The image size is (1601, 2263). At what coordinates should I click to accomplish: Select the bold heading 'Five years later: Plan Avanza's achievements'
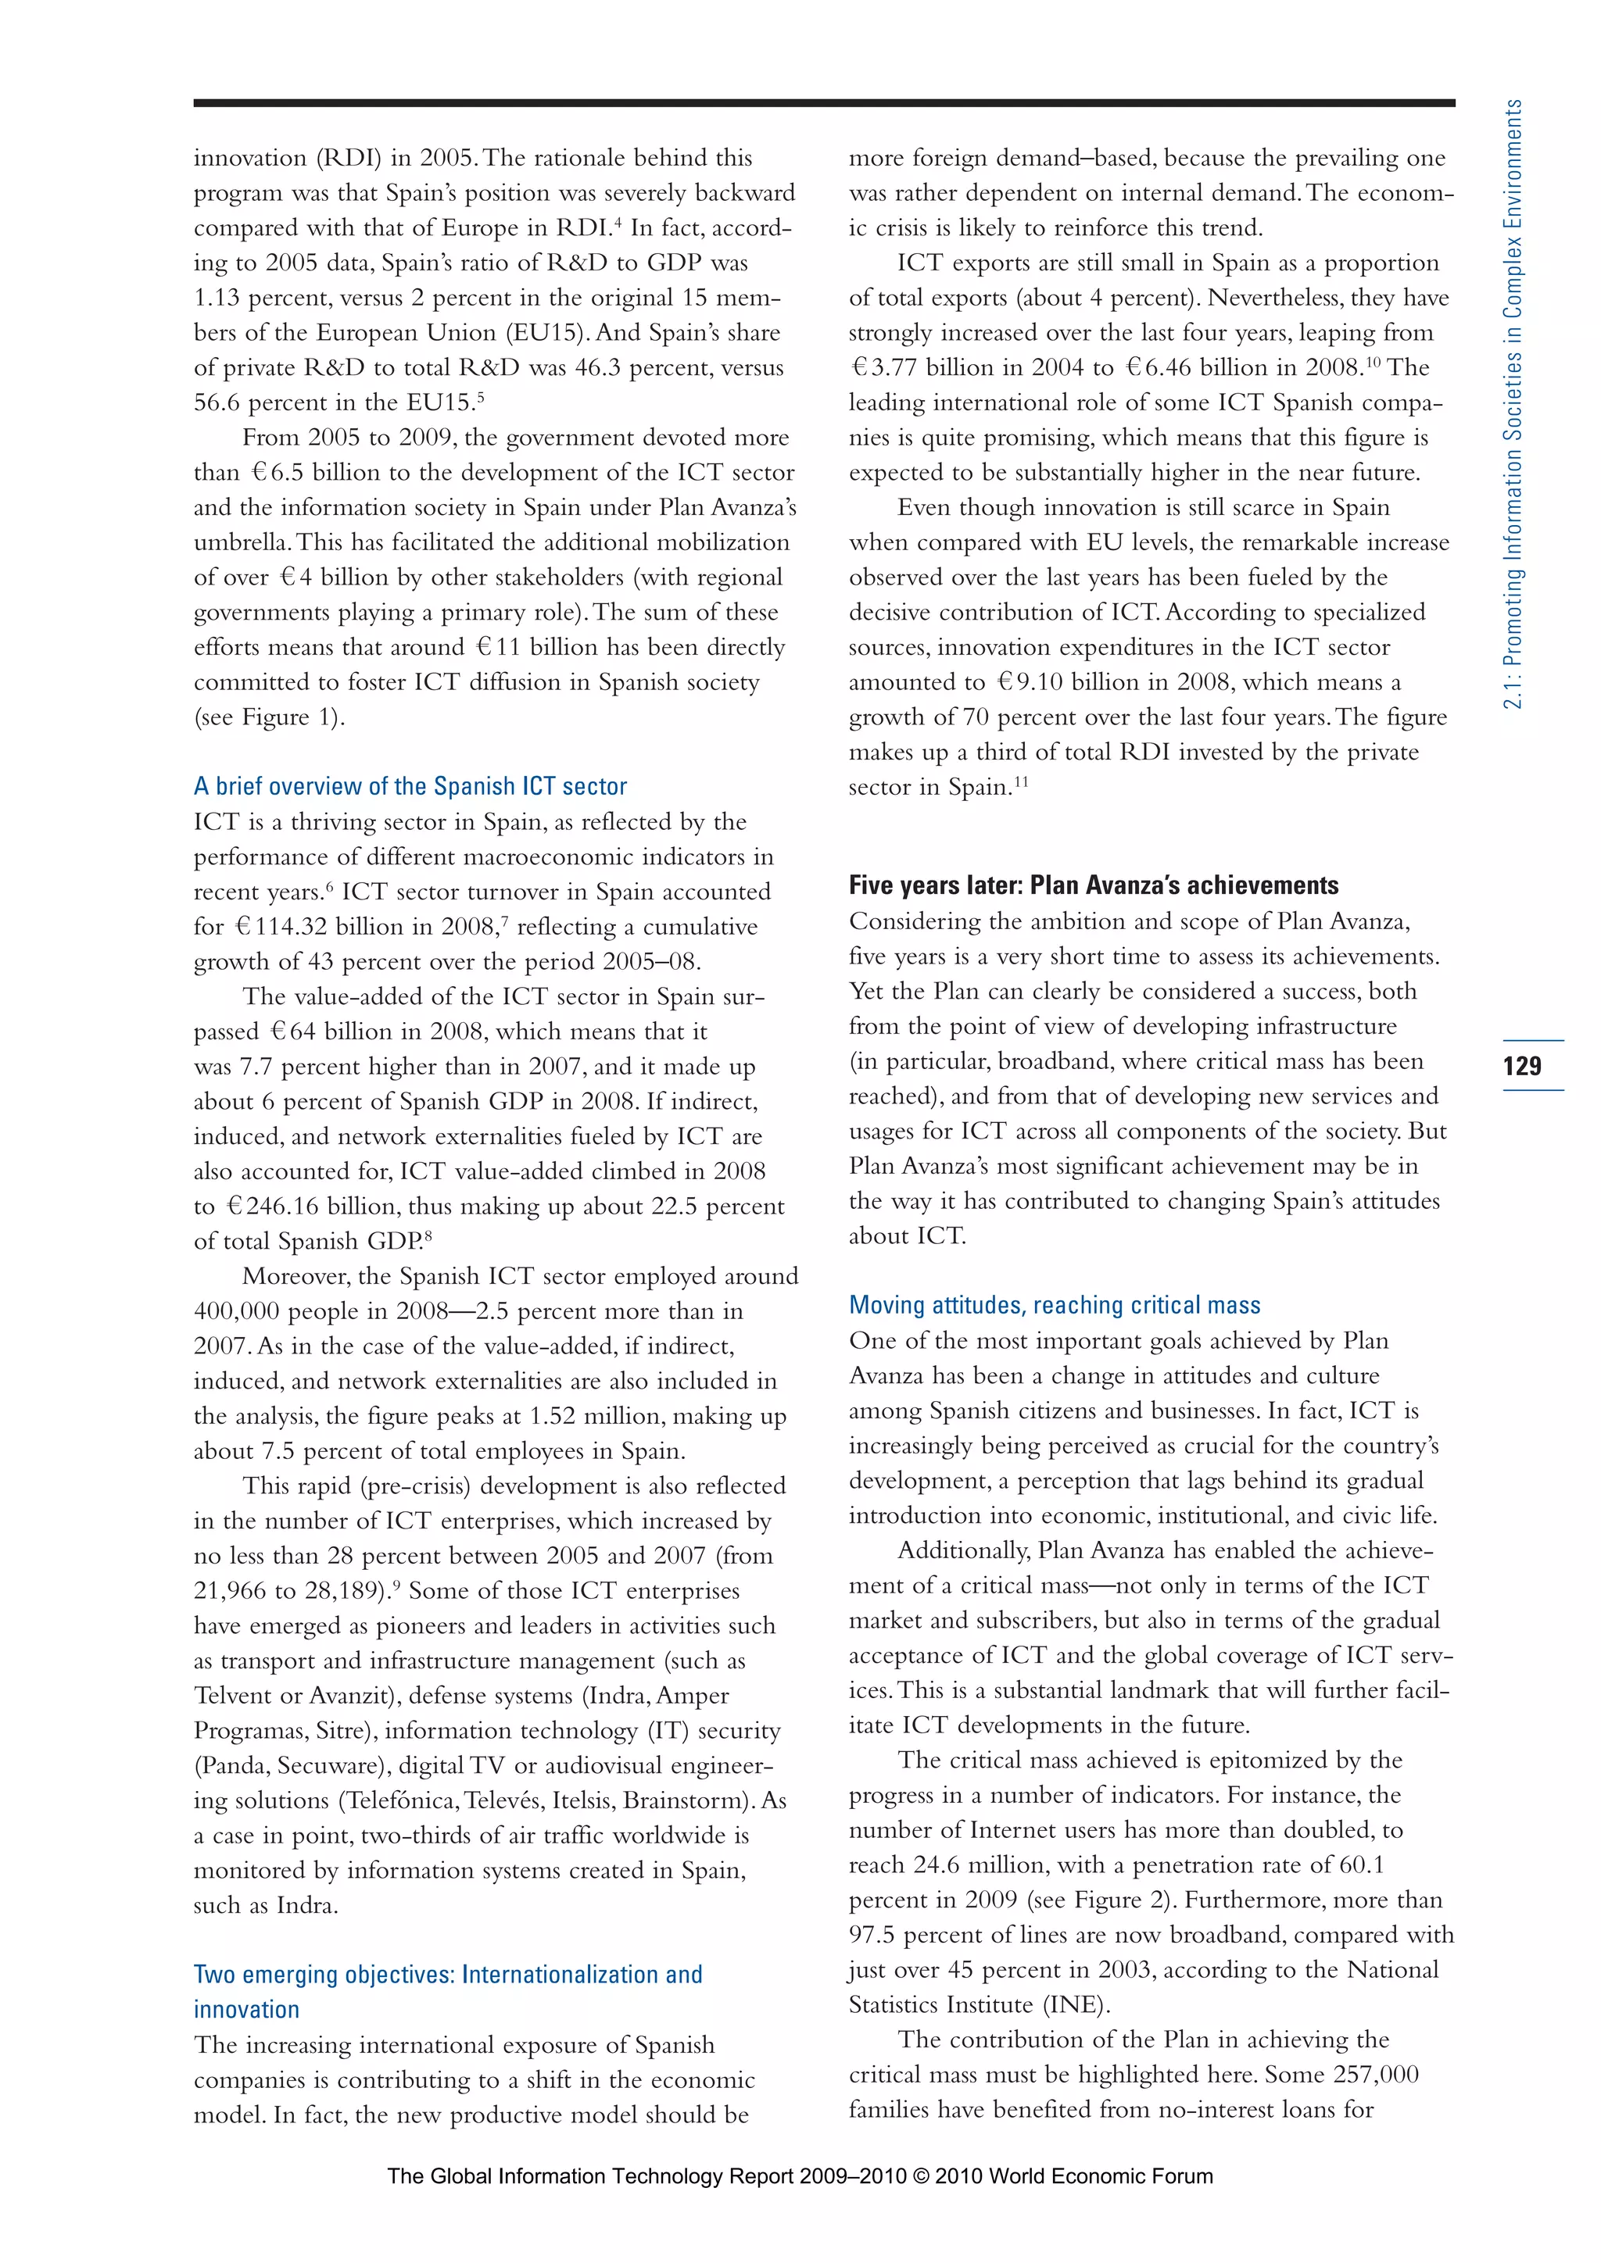[1094, 885]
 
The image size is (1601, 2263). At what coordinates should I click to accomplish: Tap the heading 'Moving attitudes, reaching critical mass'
[1054, 1305]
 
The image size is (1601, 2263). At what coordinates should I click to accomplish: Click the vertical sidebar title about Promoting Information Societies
[1513, 404]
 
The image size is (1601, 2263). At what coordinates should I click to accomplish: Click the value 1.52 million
[574, 1417]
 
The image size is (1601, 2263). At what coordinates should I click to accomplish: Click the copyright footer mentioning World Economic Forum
[800, 2176]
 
